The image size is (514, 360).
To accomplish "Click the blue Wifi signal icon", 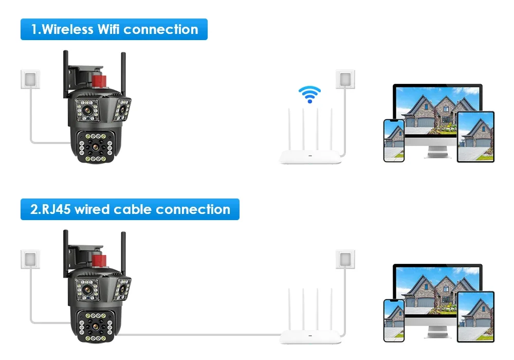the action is pyautogui.click(x=309, y=94).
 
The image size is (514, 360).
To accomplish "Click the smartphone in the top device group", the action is pyautogui.click(x=394, y=140).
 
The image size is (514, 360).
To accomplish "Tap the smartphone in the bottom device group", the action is pyautogui.click(x=394, y=320).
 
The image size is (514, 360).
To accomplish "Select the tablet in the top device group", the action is pyautogui.click(x=475, y=137).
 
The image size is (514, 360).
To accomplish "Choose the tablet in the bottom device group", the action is pyautogui.click(x=475, y=317).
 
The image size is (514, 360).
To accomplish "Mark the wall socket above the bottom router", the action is pyautogui.click(x=345, y=259).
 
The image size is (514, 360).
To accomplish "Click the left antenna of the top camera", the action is pyautogui.click(x=66, y=72).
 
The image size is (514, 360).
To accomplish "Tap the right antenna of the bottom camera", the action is pyautogui.click(x=123, y=252).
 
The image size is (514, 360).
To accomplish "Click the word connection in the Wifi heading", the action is pyautogui.click(x=161, y=29).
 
